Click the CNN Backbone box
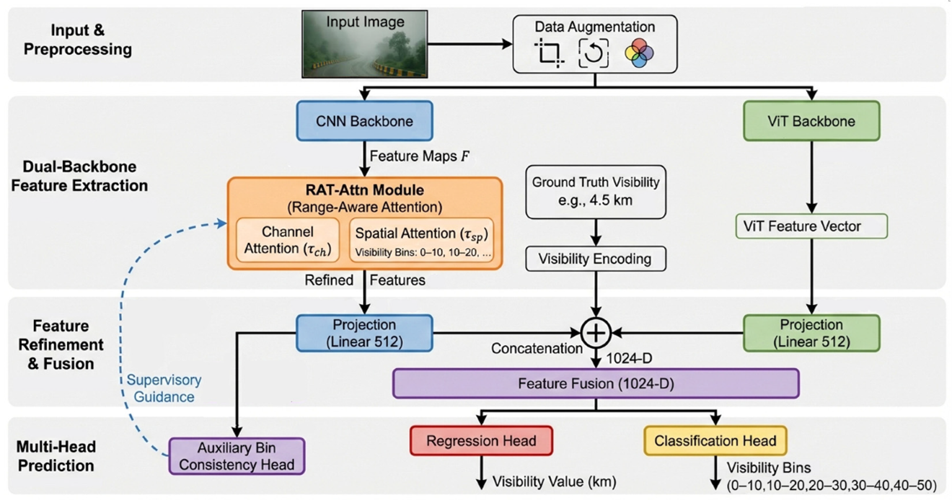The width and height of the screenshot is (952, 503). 364,121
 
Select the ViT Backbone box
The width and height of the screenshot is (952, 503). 811,121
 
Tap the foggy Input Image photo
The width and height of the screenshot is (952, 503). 364,44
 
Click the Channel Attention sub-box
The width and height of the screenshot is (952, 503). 287,240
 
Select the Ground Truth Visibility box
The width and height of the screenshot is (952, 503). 595,191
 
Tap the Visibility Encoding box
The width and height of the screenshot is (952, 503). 595,259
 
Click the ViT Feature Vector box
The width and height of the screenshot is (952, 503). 811,226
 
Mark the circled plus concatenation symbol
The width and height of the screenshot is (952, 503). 596,332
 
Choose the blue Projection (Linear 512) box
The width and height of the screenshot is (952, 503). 364,332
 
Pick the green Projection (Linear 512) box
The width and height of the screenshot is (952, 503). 811,332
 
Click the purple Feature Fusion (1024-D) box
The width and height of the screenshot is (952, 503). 596,383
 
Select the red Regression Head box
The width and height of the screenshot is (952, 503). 481,440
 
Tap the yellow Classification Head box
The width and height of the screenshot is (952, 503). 715,440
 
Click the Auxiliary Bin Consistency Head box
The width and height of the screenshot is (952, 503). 237,456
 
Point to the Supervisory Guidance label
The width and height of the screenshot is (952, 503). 164,388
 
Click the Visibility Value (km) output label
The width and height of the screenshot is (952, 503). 554,481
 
